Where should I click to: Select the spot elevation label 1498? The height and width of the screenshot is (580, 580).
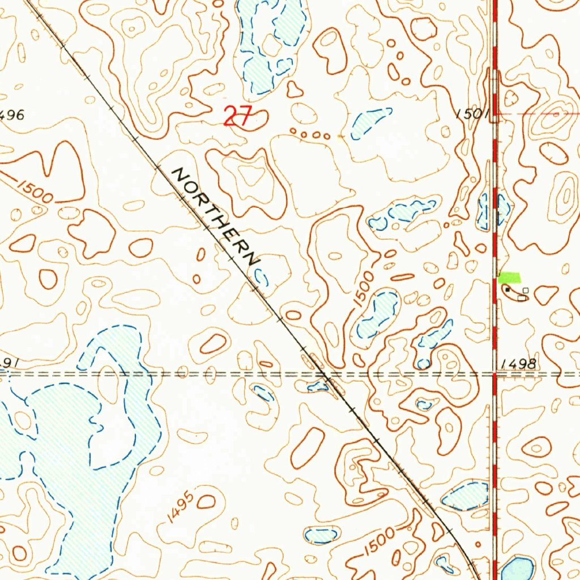(518, 364)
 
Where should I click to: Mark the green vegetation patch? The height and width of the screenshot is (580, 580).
(509, 278)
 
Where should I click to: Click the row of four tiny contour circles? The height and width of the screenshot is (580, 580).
(310, 135)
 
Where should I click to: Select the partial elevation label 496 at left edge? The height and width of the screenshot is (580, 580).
(12, 115)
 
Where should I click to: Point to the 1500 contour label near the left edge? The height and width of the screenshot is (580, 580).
(35, 192)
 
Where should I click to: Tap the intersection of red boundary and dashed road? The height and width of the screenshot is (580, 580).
(494, 374)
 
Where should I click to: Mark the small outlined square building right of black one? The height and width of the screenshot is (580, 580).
(526, 290)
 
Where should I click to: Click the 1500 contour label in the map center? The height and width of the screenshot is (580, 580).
(362, 289)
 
